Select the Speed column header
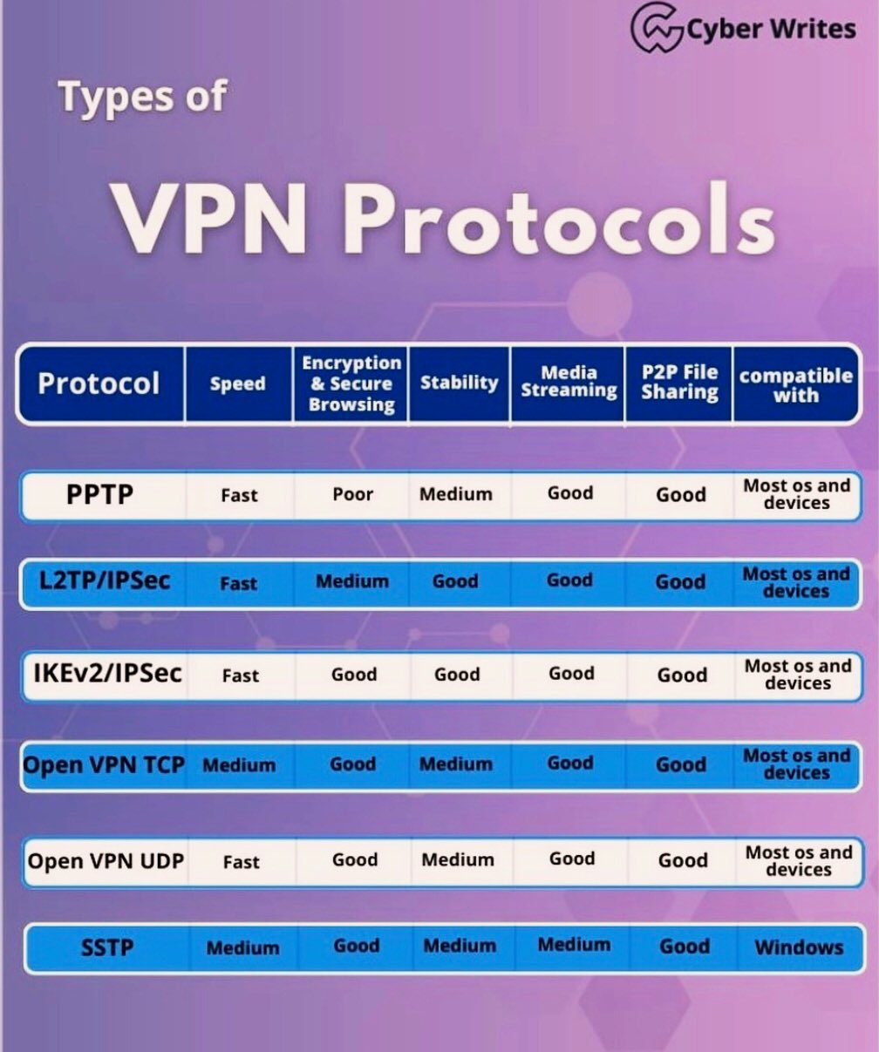coord(237,383)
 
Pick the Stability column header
coord(460,383)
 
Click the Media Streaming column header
coord(569,382)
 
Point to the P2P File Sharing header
coord(680,382)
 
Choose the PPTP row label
coord(99,494)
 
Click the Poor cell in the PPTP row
coord(353,495)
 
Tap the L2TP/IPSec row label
coord(105,580)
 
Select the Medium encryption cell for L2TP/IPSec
coord(352,581)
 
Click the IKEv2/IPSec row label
coord(107,673)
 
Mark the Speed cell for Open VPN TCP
coord(239,766)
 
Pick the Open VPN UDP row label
coord(106,861)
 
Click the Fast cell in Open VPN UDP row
coord(242,862)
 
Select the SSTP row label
coord(107,948)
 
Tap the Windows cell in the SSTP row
coord(799,947)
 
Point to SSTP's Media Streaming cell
coord(574,945)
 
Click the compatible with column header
coord(796,385)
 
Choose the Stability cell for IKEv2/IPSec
coord(457,674)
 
